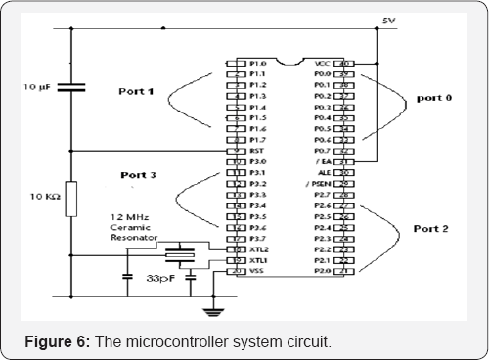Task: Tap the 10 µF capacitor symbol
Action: (69, 88)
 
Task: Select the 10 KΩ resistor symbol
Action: (70, 195)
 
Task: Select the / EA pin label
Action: (317, 161)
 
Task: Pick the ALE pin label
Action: (319, 172)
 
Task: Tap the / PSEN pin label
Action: (315, 183)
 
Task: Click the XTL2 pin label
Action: (259, 249)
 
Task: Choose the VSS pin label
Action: (258, 271)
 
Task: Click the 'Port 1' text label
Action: (136, 92)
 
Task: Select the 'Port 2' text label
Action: (430, 229)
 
